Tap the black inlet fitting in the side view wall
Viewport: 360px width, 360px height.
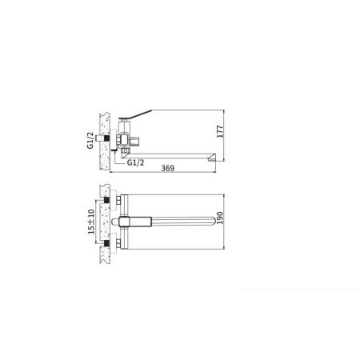coord(105,144)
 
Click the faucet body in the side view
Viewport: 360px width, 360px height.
coord(127,138)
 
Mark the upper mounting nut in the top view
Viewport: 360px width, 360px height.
coord(119,198)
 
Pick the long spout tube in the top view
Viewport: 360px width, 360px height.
coord(180,218)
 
